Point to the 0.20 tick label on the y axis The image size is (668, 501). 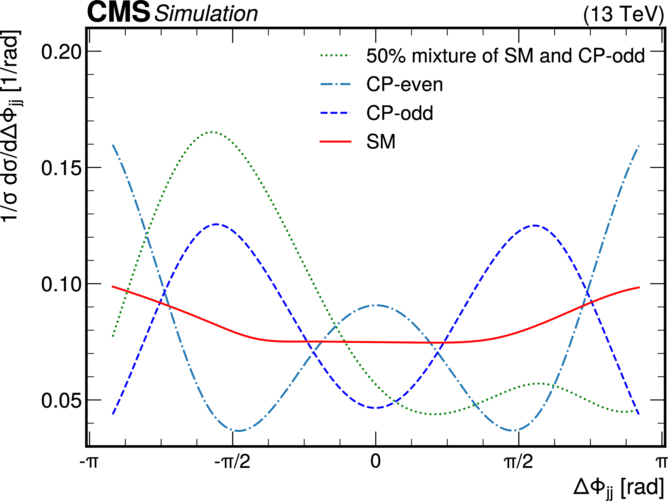[61, 52]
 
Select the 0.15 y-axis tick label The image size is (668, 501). [61, 168]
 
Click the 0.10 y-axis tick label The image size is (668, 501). [61, 284]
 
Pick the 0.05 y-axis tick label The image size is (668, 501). [61, 401]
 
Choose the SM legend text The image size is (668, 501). [381, 142]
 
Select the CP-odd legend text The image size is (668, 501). [400, 113]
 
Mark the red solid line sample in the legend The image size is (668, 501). [335, 142]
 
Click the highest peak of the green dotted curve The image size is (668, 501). [212, 132]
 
